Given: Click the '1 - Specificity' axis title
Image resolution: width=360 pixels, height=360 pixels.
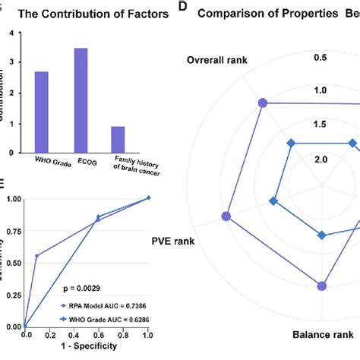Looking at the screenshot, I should [x=87, y=346].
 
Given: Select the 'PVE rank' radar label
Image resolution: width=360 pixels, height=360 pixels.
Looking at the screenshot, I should [x=172, y=242].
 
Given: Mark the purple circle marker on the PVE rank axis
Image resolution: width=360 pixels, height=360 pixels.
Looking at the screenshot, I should [x=226, y=217].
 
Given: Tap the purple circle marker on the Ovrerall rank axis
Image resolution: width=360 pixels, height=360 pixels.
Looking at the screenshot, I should [x=263, y=103].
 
